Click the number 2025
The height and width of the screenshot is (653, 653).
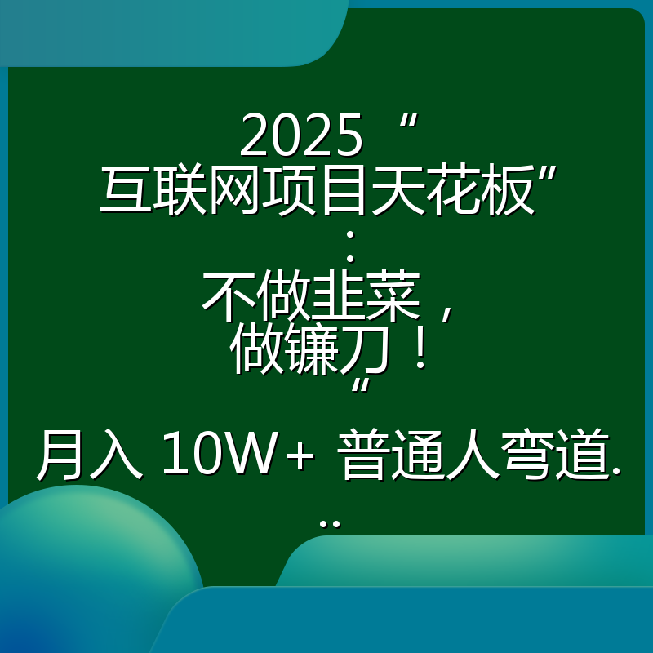point(301,136)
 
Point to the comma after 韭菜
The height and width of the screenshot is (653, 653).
point(445,309)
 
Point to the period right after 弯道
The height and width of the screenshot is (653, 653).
point(615,473)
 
